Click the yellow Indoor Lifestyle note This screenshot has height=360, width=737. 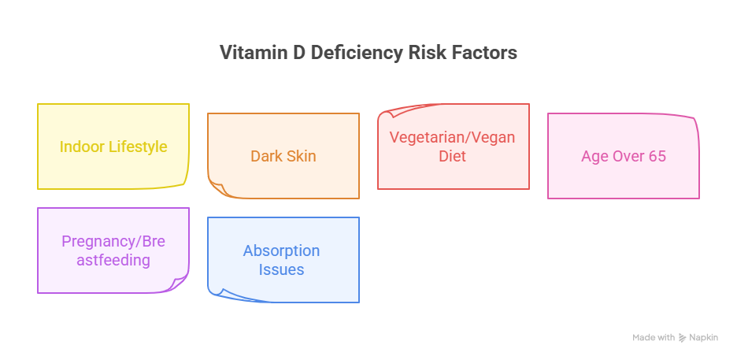point(113,147)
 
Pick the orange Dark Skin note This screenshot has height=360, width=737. point(283,156)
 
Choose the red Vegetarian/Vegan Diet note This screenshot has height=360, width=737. point(454,147)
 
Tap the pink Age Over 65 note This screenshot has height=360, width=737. point(624,156)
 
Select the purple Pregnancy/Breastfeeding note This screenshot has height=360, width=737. point(113,251)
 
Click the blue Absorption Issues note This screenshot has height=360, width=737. point(283,260)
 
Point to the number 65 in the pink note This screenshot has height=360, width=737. point(657,156)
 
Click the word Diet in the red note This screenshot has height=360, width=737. point(453,156)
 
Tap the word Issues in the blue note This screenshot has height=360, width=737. point(281,269)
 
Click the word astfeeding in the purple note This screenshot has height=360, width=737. point(113,260)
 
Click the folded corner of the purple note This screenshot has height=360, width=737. point(180,283)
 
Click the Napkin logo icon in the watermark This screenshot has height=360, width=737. point(683,337)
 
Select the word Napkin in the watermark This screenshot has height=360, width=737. point(704,337)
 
